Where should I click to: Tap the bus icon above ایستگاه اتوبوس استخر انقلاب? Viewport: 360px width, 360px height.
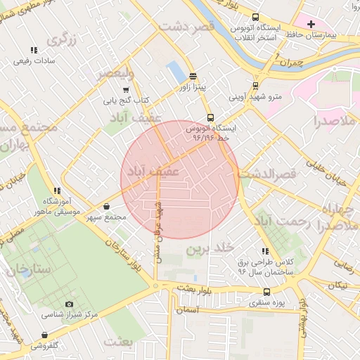(x=255, y=18)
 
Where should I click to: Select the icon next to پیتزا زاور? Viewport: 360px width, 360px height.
(x=193, y=77)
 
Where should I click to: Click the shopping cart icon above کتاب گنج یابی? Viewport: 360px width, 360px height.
(x=126, y=90)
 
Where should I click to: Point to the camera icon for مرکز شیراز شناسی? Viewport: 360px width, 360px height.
(x=69, y=304)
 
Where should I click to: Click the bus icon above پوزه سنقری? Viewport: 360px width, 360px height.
(x=266, y=292)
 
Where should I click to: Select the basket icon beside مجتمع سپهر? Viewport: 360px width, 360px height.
(x=106, y=207)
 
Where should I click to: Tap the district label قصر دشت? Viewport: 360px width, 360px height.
(x=186, y=27)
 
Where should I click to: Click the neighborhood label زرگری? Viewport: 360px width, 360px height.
(x=62, y=40)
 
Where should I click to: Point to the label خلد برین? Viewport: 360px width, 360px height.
(x=210, y=250)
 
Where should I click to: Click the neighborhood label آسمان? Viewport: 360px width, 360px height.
(x=188, y=309)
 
